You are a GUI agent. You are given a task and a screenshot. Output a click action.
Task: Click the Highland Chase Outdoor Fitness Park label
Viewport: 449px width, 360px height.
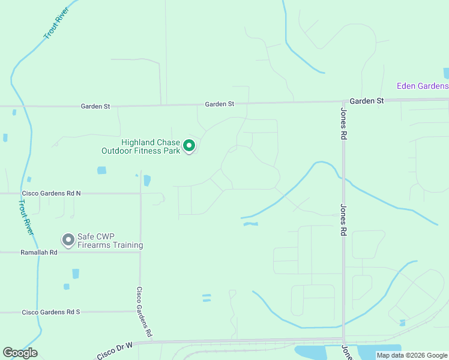[151, 146]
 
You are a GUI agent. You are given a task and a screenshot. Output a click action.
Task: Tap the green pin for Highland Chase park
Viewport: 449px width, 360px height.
[189, 146]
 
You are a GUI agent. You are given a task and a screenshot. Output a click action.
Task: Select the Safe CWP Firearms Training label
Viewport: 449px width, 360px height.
[110, 241]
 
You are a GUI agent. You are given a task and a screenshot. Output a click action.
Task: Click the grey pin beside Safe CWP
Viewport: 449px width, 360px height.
[68, 240]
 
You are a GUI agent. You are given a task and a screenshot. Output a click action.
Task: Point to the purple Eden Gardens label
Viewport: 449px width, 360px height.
[422, 86]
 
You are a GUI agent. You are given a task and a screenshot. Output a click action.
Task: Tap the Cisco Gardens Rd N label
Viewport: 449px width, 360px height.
[51, 193]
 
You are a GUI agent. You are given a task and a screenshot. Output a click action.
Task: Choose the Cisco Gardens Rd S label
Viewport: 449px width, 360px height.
[51, 312]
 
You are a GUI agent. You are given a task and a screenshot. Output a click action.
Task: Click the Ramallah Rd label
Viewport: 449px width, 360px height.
[38, 253]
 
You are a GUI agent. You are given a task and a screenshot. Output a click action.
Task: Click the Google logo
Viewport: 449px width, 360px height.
[20, 353]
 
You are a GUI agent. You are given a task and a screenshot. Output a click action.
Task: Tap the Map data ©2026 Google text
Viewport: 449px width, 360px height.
[412, 355]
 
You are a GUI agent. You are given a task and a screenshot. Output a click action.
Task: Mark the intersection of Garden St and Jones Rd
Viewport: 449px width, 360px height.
[343, 101]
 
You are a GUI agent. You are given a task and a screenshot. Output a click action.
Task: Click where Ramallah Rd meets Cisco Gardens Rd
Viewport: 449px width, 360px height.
[140, 252]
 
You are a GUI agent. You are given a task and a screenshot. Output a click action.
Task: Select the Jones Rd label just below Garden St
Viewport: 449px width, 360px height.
[344, 124]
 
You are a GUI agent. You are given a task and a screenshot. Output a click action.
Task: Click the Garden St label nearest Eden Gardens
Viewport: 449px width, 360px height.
[367, 101]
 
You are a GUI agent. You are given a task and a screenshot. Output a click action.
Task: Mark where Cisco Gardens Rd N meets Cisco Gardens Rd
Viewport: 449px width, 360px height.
[140, 193]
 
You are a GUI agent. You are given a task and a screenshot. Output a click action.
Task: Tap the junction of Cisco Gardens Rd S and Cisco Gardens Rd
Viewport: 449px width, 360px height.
[140, 311]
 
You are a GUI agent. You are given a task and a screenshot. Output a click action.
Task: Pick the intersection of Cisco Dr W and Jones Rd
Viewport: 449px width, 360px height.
[344, 339]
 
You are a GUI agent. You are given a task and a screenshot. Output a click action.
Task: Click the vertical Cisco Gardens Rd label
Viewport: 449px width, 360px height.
[144, 311]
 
